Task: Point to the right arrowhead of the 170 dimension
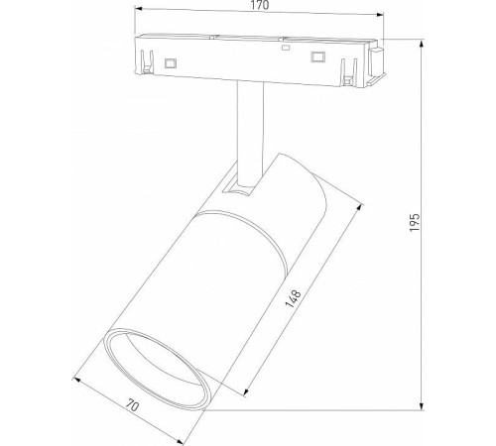(x=380, y=16)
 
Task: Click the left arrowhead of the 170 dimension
(x=140, y=16)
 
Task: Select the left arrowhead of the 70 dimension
(x=76, y=375)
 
